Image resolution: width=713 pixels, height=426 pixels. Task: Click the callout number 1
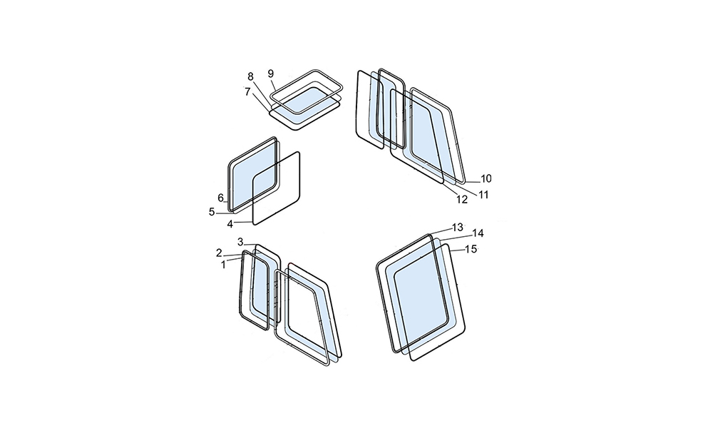click(223, 265)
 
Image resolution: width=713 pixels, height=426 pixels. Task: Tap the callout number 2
click(219, 253)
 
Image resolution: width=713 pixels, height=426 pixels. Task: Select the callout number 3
click(240, 242)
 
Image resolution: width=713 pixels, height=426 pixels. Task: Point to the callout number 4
click(230, 224)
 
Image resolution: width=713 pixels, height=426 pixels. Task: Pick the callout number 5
click(212, 212)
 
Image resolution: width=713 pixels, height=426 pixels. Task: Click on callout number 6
click(220, 198)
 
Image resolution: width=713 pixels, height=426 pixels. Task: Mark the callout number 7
click(247, 92)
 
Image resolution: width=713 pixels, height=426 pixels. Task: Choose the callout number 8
click(250, 77)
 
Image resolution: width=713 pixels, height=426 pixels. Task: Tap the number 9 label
click(270, 73)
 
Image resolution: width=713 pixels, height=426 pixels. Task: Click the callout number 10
click(486, 179)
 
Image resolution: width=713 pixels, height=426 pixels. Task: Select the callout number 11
click(483, 195)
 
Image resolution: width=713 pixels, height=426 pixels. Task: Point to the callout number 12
click(462, 199)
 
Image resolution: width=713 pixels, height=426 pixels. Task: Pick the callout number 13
click(458, 227)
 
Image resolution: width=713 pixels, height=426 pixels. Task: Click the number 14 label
click(478, 233)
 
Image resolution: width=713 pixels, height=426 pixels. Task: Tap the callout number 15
click(471, 249)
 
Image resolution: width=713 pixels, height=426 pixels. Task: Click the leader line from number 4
click(243, 223)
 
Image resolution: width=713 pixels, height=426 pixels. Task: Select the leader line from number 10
click(472, 181)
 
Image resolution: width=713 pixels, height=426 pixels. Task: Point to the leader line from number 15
click(457, 250)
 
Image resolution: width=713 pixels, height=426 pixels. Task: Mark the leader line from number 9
click(275, 83)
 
